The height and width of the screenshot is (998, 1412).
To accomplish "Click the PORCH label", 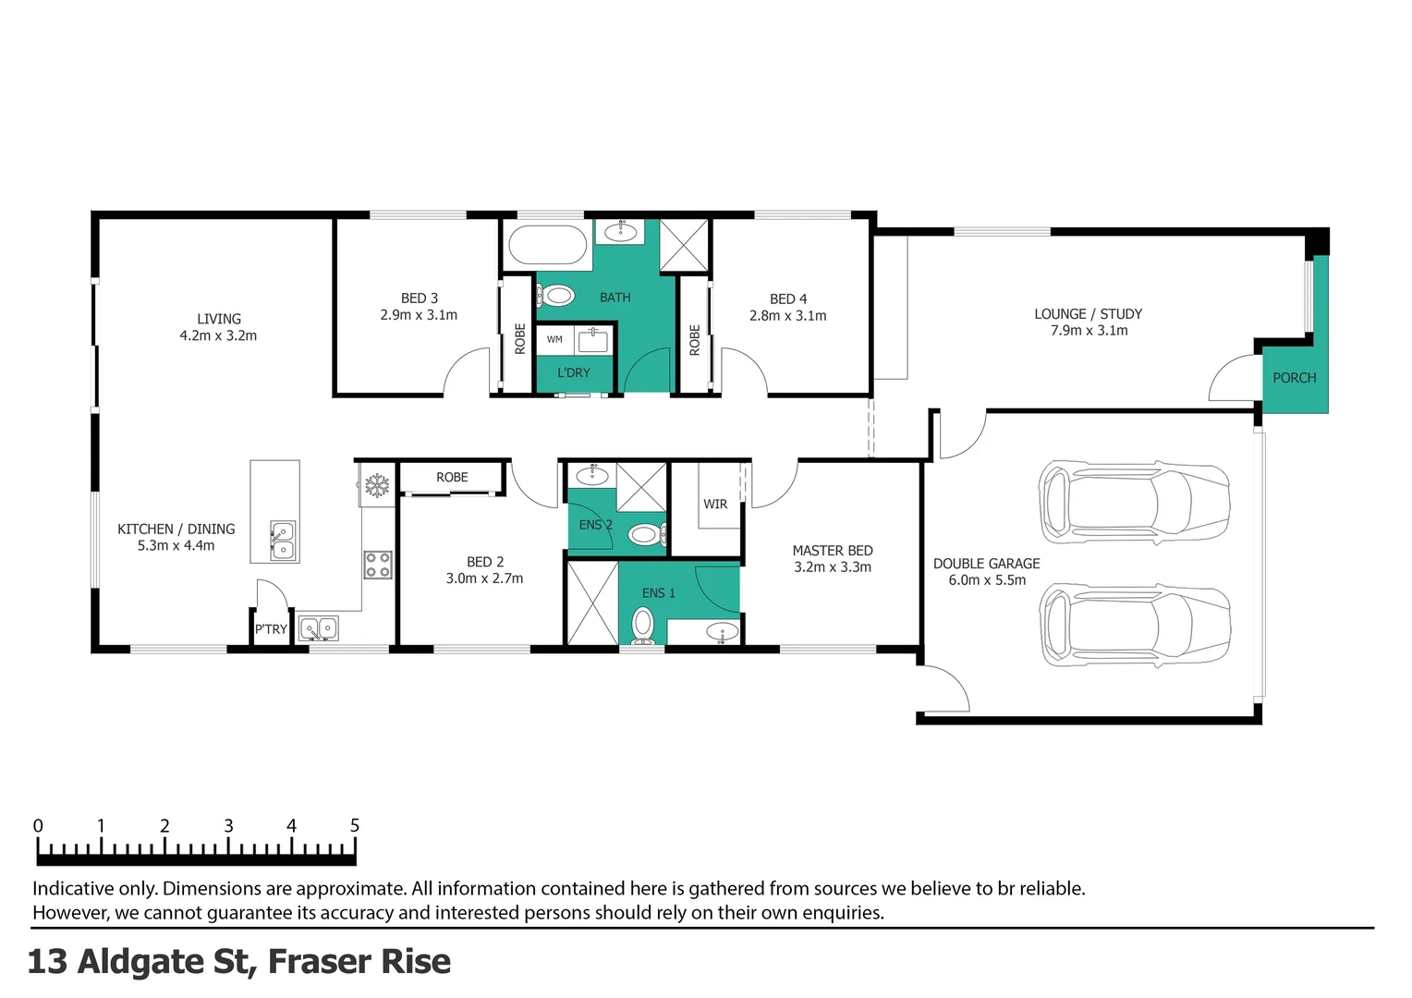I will pos(1294,378).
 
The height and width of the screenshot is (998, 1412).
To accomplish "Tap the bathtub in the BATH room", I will pos(547,246).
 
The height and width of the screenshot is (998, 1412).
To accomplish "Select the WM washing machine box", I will pos(554,339).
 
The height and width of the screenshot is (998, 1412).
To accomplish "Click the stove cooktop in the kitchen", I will pos(377,565).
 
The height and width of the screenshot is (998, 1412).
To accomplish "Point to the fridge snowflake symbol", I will pos(376,485).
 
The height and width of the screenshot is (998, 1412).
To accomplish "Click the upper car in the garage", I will pos(1134,503).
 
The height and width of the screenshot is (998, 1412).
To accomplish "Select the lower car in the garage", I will pos(1134,625).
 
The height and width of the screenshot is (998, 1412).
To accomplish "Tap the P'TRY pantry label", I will pos(271,629).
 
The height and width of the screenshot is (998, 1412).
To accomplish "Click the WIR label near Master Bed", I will pos(715,505).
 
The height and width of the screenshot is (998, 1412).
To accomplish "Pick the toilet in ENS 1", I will pos(642,626).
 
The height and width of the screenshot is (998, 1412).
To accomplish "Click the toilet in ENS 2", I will pos(644,534).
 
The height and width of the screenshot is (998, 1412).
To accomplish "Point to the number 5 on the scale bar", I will pos(355,825).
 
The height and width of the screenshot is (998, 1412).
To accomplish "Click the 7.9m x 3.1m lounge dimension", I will pos(1089,331).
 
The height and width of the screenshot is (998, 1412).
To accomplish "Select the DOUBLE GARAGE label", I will pos(986,564).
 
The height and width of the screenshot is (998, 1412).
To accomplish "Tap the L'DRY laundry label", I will pos(573,372).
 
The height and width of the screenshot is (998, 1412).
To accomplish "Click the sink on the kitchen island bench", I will pos(283,541).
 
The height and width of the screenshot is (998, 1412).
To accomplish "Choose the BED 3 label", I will pos(420,298).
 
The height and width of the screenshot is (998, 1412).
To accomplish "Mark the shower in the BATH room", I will pos(684,246).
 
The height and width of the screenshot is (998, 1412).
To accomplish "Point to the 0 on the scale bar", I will pos(38,825).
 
